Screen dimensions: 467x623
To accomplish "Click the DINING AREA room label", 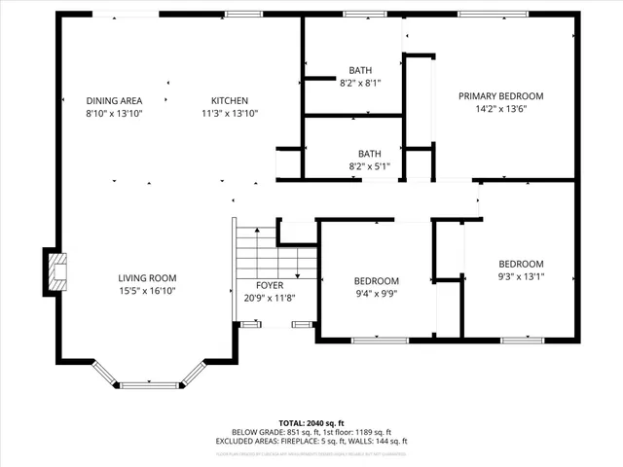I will [x=114, y=100].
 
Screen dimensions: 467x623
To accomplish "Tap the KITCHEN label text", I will [x=230, y=100].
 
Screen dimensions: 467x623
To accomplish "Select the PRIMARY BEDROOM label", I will [x=500, y=96].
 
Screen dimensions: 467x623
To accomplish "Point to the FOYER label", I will [x=270, y=285].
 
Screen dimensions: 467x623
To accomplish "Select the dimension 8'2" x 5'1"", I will [x=369, y=166].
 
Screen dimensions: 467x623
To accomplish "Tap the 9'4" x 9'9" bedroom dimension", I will [x=376, y=293].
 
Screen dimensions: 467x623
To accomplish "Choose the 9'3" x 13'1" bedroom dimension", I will [x=521, y=276].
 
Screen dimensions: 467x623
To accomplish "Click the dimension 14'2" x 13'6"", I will [x=500, y=109].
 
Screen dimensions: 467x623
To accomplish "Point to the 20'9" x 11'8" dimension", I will [x=270, y=298].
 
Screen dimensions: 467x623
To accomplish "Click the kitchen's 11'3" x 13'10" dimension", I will [x=230, y=113].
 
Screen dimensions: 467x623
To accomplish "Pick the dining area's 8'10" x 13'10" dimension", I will [x=114, y=113].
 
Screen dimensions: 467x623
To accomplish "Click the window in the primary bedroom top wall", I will [x=495, y=16].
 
